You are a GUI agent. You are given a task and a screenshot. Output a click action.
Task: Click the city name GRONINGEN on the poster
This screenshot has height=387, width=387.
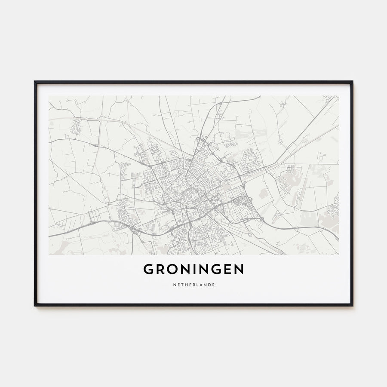click(x=193, y=269)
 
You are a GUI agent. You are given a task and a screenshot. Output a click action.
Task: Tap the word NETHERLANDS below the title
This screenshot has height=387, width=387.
click(x=193, y=284)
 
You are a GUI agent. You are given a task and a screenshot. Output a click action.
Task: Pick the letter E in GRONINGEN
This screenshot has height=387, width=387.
click(x=227, y=269)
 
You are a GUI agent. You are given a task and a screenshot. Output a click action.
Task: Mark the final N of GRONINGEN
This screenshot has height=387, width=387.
click(x=239, y=269)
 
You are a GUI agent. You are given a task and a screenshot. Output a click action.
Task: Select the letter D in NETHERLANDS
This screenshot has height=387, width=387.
click(x=208, y=284)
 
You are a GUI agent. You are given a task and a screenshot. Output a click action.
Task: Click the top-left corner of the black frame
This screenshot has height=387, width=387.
click(x=35, y=82)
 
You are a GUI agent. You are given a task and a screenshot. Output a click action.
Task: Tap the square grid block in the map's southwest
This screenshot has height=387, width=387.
click(x=94, y=216)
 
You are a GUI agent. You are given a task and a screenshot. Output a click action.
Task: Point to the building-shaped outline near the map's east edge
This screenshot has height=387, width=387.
click(x=321, y=157)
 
